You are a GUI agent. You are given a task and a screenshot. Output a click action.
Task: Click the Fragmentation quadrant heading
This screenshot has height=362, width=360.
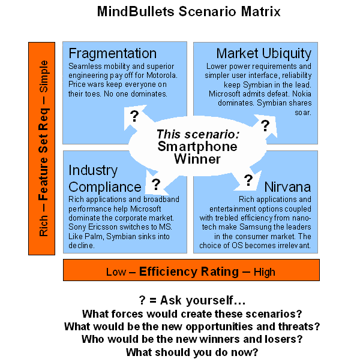coord(112,53)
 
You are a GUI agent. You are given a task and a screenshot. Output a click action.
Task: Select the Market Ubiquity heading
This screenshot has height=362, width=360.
coord(264,53)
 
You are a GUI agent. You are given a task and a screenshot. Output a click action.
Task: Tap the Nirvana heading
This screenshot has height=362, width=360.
coord(288,186)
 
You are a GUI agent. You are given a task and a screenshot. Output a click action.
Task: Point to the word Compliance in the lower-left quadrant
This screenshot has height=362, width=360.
coord(105,186)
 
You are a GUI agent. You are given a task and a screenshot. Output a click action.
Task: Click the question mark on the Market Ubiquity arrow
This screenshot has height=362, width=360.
coord(265,125)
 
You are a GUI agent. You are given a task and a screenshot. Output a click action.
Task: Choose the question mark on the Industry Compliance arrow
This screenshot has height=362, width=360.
coord(156,184)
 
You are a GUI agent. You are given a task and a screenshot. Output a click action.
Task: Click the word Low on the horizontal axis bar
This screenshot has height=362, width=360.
coord(116,271)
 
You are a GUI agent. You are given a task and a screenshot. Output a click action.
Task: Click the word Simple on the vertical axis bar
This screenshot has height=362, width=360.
coord(44,74)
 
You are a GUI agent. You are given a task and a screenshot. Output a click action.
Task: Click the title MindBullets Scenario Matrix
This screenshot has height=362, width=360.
coord(181,12)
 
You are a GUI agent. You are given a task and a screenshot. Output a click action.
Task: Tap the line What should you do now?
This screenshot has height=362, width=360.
coord(192,352)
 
